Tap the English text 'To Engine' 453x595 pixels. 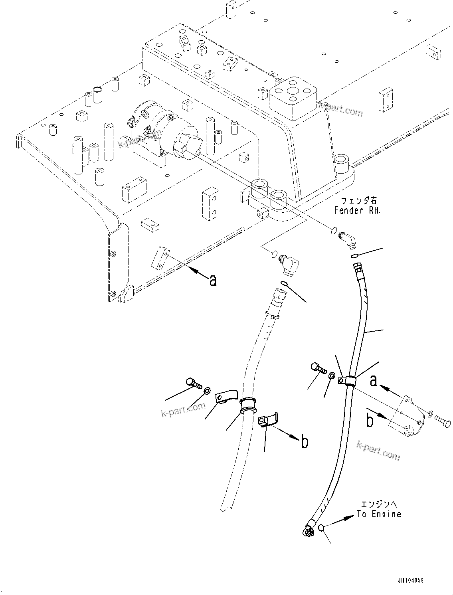379,514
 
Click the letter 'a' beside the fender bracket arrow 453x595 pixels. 213,280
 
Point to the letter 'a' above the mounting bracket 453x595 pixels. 373,381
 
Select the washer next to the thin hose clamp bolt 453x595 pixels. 332,376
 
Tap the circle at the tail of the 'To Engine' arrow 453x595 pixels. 322,528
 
